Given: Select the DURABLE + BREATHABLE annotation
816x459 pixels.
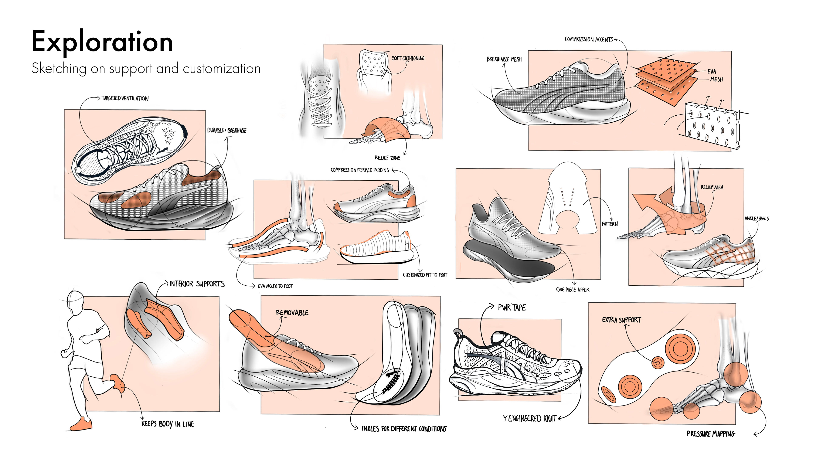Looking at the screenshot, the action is [227, 130].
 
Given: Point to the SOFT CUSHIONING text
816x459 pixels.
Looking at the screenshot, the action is [408, 58].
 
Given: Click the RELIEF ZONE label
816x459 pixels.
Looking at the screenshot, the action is [387, 158].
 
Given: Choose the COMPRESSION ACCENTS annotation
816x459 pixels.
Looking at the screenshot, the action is [589, 40].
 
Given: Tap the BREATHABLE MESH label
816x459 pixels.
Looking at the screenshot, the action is [504, 59].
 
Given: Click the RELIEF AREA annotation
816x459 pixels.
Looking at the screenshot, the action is [712, 187].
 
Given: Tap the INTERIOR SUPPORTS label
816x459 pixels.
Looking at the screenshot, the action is [197, 284].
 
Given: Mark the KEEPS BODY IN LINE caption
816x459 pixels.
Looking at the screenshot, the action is [168, 424].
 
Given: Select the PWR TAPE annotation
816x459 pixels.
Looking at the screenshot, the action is [511, 307].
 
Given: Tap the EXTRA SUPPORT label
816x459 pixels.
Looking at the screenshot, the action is [621, 320].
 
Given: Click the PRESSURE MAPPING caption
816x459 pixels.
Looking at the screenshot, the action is [711, 434].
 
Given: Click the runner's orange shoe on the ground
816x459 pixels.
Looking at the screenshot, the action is [81, 425].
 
